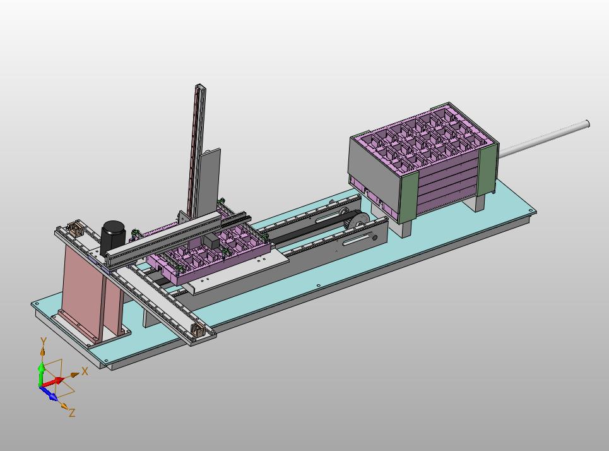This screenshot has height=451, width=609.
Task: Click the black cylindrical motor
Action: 113,238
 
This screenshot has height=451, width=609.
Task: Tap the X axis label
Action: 85,371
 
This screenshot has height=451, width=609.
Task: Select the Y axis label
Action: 44,342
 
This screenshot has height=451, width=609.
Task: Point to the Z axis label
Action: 71,412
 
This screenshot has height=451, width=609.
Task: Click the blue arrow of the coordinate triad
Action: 49,393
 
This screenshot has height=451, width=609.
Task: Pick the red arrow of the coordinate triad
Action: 52,382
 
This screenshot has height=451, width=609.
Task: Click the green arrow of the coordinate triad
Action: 41,374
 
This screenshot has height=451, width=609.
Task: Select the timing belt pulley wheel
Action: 357,222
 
